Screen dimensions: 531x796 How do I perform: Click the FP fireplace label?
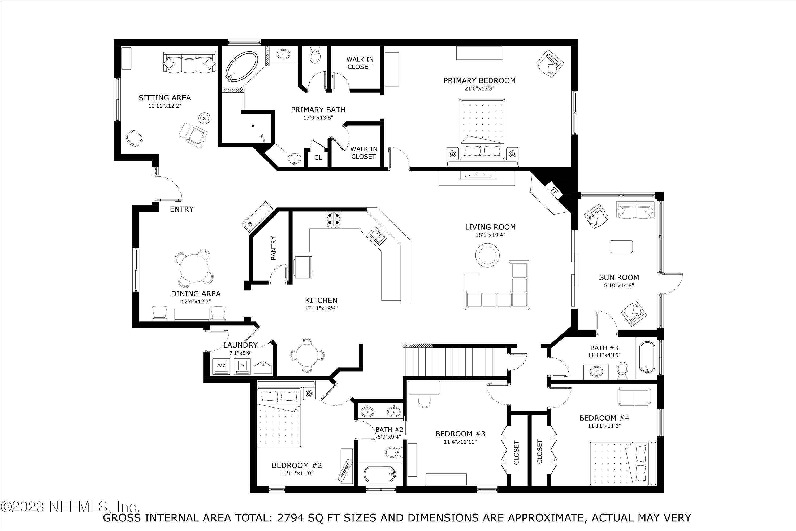(x=554, y=191)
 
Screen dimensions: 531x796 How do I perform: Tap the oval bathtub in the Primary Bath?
(x=241, y=67)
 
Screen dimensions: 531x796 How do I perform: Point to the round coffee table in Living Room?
(x=488, y=255)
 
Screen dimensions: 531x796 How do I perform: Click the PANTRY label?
(x=274, y=248)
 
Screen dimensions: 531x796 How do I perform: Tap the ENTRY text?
(x=182, y=209)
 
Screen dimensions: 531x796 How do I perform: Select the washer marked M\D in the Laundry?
(x=221, y=366)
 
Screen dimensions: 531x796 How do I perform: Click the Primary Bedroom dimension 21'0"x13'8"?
(x=479, y=89)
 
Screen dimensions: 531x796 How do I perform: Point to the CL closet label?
(x=318, y=158)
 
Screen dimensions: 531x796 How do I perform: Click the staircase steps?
(x=455, y=361)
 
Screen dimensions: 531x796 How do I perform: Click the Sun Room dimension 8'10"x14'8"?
(x=619, y=285)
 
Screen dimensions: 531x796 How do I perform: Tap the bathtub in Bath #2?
(x=380, y=474)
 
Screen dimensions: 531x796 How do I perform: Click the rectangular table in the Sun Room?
(x=621, y=247)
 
